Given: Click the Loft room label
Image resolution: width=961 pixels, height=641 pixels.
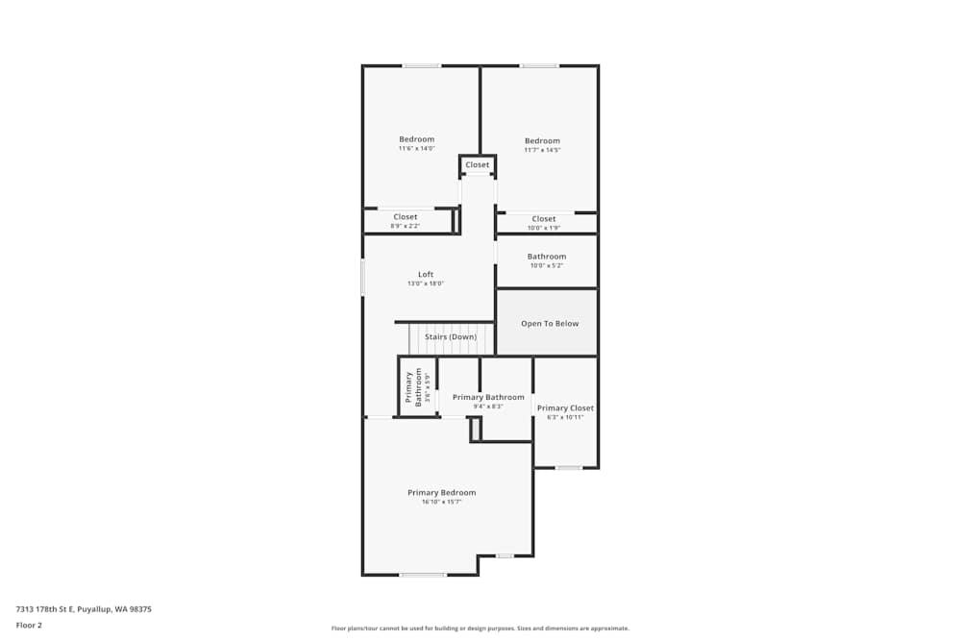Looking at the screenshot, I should pyautogui.click(x=425, y=275).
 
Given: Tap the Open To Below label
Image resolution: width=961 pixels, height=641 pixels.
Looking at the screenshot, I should pyautogui.click(x=550, y=324).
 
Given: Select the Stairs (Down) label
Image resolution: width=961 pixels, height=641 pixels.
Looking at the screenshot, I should pyautogui.click(x=451, y=337).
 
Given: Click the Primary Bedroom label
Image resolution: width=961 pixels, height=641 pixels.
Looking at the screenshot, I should pyautogui.click(x=441, y=493).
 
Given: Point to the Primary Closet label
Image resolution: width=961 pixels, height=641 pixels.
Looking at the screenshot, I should pyautogui.click(x=566, y=408).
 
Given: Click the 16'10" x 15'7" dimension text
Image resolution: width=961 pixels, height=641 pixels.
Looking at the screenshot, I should pyautogui.click(x=441, y=503).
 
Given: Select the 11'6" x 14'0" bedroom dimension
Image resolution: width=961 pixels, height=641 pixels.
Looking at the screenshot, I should pyautogui.click(x=416, y=149).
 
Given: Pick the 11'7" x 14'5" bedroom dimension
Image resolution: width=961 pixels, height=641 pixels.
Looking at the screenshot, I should pyautogui.click(x=542, y=150).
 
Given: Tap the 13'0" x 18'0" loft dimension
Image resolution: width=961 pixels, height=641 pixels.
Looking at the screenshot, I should pyautogui.click(x=425, y=284).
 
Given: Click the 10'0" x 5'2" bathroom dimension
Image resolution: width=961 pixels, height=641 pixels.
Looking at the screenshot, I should pyautogui.click(x=546, y=266).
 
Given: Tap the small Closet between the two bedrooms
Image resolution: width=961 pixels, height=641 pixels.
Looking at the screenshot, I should pyautogui.click(x=477, y=165).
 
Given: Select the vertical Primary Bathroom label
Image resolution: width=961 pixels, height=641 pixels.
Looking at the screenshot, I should pyautogui.click(x=409, y=388).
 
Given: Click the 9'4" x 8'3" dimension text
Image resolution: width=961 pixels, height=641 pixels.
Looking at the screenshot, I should pyautogui.click(x=488, y=407).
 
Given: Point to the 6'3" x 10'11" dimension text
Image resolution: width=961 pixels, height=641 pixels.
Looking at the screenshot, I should pyautogui.click(x=566, y=418).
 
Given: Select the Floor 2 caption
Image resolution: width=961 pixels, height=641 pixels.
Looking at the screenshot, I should pyautogui.click(x=29, y=625).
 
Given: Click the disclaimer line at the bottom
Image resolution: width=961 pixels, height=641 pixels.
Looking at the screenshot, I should pyautogui.click(x=480, y=629).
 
